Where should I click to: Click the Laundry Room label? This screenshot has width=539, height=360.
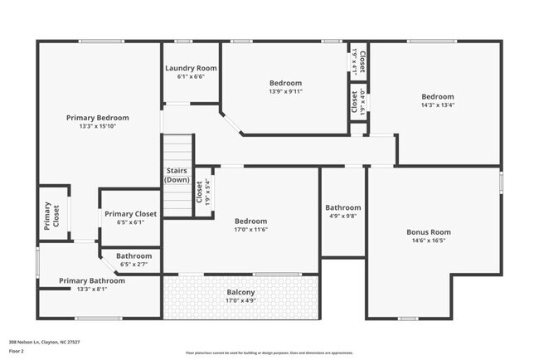click(191, 68)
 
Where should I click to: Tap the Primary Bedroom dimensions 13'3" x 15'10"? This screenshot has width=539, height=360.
click(98, 126)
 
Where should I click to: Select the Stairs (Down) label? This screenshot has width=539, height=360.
click(177, 175)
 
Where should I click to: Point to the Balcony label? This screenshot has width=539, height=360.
click(241, 292)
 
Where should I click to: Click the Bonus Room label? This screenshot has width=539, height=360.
click(428, 232)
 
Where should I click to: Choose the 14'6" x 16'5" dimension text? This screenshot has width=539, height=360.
click(428, 241)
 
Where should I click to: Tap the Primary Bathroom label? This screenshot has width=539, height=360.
click(92, 281)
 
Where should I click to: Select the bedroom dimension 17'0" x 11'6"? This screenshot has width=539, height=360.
click(250, 230)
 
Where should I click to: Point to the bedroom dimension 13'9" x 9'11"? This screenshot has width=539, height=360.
click(285, 92)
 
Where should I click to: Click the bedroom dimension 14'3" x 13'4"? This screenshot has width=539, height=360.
click(437, 105)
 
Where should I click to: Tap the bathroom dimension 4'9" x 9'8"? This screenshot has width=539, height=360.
click(342, 216)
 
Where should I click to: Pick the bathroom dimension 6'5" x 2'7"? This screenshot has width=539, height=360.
click(134, 265)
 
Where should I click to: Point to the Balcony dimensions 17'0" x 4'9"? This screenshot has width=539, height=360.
click(241, 300)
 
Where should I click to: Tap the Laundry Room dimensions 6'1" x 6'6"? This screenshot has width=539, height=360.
click(191, 76)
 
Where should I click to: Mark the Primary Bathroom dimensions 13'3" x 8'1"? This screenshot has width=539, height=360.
click(92, 289)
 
